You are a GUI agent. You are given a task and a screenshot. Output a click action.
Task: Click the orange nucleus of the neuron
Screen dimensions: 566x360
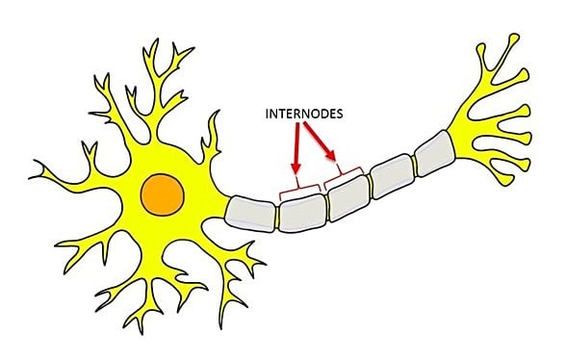(x=161, y=192)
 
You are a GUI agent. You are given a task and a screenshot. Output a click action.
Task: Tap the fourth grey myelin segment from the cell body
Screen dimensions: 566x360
(x=392, y=176)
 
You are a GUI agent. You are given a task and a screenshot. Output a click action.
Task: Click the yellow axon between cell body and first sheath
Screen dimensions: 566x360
(x=222, y=208)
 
